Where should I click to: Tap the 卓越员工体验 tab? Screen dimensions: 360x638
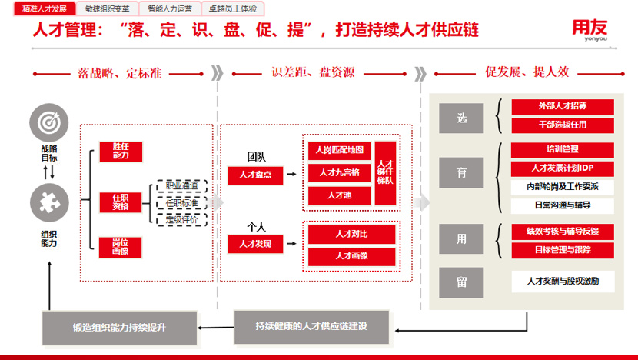[232, 8]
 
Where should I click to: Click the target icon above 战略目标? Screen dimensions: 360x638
[48, 123]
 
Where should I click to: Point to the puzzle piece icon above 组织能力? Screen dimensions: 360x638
[48, 204]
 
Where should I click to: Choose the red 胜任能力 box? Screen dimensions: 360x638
[121, 151]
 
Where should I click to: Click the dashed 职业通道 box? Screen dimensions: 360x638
[182, 185]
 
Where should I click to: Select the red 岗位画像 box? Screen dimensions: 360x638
[121, 247]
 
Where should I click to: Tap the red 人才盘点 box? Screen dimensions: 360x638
[255, 175]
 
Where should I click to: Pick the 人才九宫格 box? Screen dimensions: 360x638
[339, 172]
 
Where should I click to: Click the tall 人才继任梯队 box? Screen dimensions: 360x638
[386, 173]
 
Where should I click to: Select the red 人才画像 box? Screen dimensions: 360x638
[352, 256]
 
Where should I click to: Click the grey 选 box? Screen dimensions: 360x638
[461, 118]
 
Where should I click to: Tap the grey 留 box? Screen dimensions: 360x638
[461, 282]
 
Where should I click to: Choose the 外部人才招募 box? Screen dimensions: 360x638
[563, 106]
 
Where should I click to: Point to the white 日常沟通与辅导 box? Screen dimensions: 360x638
[563, 206]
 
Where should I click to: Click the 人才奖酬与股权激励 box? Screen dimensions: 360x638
[563, 282]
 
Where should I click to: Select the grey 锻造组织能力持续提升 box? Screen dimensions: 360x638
[119, 328]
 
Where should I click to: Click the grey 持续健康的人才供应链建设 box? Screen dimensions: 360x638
[311, 326]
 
